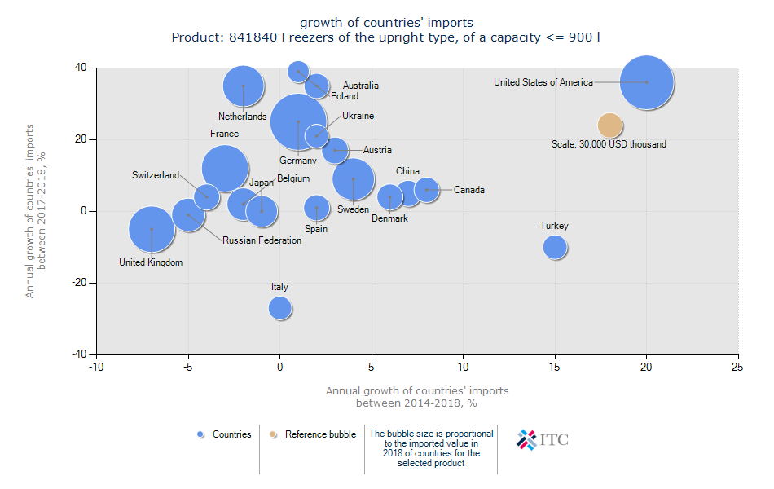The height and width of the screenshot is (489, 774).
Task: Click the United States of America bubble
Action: (647, 82)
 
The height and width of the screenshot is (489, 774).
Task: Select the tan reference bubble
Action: (610, 126)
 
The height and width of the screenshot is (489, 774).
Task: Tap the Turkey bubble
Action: (555, 247)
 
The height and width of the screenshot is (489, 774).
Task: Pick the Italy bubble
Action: (280, 308)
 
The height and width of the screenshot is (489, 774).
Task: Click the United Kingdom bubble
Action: (152, 230)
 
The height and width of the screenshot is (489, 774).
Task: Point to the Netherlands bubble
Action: (243, 86)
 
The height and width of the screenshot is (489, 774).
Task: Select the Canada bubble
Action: (426, 190)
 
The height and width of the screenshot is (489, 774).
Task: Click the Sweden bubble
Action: (354, 179)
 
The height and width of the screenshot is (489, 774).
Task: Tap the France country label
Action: (224, 134)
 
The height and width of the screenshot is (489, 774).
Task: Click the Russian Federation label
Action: (262, 240)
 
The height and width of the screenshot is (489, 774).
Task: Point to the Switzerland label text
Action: (156, 175)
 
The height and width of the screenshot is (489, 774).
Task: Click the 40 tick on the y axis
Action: (81, 68)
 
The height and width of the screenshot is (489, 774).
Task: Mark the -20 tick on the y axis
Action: (79, 283)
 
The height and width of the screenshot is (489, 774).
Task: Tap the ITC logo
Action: (543, 440)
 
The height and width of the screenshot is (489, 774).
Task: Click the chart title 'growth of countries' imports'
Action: (386, 22)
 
